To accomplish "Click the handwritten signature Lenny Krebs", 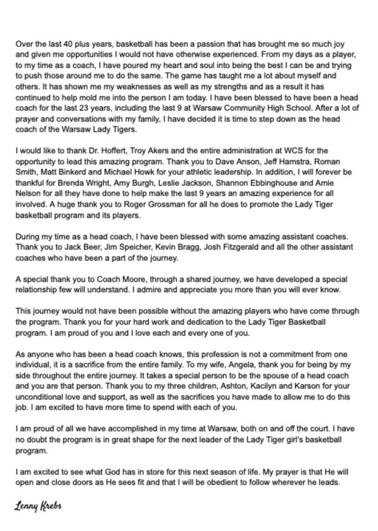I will click(x=38, y=506).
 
